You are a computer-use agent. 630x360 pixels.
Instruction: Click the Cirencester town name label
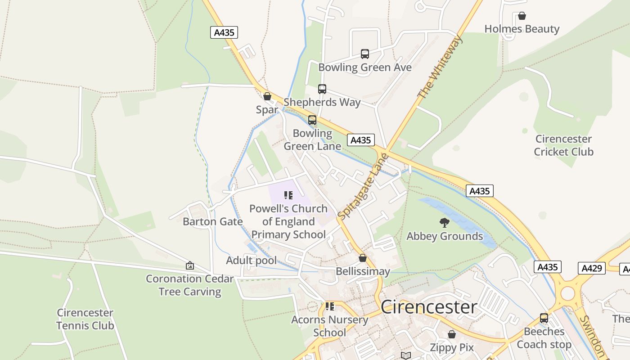428,307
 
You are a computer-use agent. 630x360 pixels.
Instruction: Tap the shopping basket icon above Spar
267,96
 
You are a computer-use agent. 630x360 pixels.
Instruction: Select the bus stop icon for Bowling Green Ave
364,54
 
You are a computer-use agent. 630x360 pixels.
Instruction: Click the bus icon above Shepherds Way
322,89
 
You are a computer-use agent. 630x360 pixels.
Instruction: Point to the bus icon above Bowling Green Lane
312,120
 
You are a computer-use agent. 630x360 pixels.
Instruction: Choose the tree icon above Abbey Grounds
445,222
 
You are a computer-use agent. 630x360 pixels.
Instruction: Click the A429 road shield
591,268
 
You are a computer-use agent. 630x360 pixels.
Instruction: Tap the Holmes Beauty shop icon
522,16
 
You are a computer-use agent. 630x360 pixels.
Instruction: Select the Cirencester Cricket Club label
563,145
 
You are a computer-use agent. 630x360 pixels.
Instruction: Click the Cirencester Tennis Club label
85,319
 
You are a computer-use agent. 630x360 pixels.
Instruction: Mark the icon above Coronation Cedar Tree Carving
190,265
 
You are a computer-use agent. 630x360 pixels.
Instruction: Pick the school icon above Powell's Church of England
288,195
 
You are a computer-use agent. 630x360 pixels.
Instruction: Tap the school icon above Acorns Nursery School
330,306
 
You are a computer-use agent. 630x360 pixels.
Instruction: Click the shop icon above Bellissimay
362,258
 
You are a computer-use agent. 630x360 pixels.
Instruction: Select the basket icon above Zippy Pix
452,334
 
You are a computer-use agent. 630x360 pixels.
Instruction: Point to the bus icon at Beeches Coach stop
544,318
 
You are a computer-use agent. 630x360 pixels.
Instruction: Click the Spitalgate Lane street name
363,187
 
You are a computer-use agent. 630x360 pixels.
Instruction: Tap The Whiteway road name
439,67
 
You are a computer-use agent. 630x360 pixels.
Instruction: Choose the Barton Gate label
212,221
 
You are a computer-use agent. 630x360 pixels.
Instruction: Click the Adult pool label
251,261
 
